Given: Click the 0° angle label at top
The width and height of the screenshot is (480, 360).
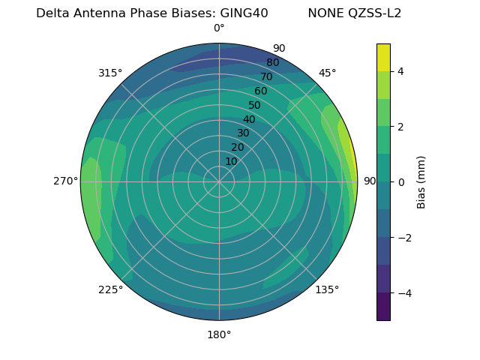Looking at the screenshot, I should [x=219, y=28].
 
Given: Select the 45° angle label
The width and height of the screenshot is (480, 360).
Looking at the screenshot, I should [x=327, y=73].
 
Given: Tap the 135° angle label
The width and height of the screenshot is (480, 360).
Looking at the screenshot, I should [x=327, y=289].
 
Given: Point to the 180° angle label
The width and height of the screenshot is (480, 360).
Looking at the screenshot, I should [x=219, y=334].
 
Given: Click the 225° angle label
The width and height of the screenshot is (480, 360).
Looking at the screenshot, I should [x=110, y=289].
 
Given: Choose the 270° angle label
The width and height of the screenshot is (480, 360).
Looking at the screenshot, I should [x=66, y=181].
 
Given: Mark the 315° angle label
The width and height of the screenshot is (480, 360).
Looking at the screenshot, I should [x=110, y=73].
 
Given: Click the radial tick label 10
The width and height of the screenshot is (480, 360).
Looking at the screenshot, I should [x=231, y=161].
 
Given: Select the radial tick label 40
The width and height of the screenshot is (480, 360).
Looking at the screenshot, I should [x=249, y=119].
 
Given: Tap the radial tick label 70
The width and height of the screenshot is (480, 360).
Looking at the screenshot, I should [x=266, y=76].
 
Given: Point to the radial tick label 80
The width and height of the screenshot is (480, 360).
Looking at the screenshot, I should [x=272, y=62].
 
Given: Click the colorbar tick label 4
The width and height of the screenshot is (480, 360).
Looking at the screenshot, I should [x=400, y=71].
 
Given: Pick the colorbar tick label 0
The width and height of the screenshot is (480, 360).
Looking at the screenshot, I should [x=400, y=182].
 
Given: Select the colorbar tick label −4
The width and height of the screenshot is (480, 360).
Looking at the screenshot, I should [x=403, y=293].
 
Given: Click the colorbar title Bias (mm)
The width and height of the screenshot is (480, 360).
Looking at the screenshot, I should [x=421, y=182].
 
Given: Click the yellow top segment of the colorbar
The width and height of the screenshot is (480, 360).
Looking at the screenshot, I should [x=383, y=57].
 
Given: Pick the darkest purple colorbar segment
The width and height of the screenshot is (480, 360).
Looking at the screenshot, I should [x=383, y=307].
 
